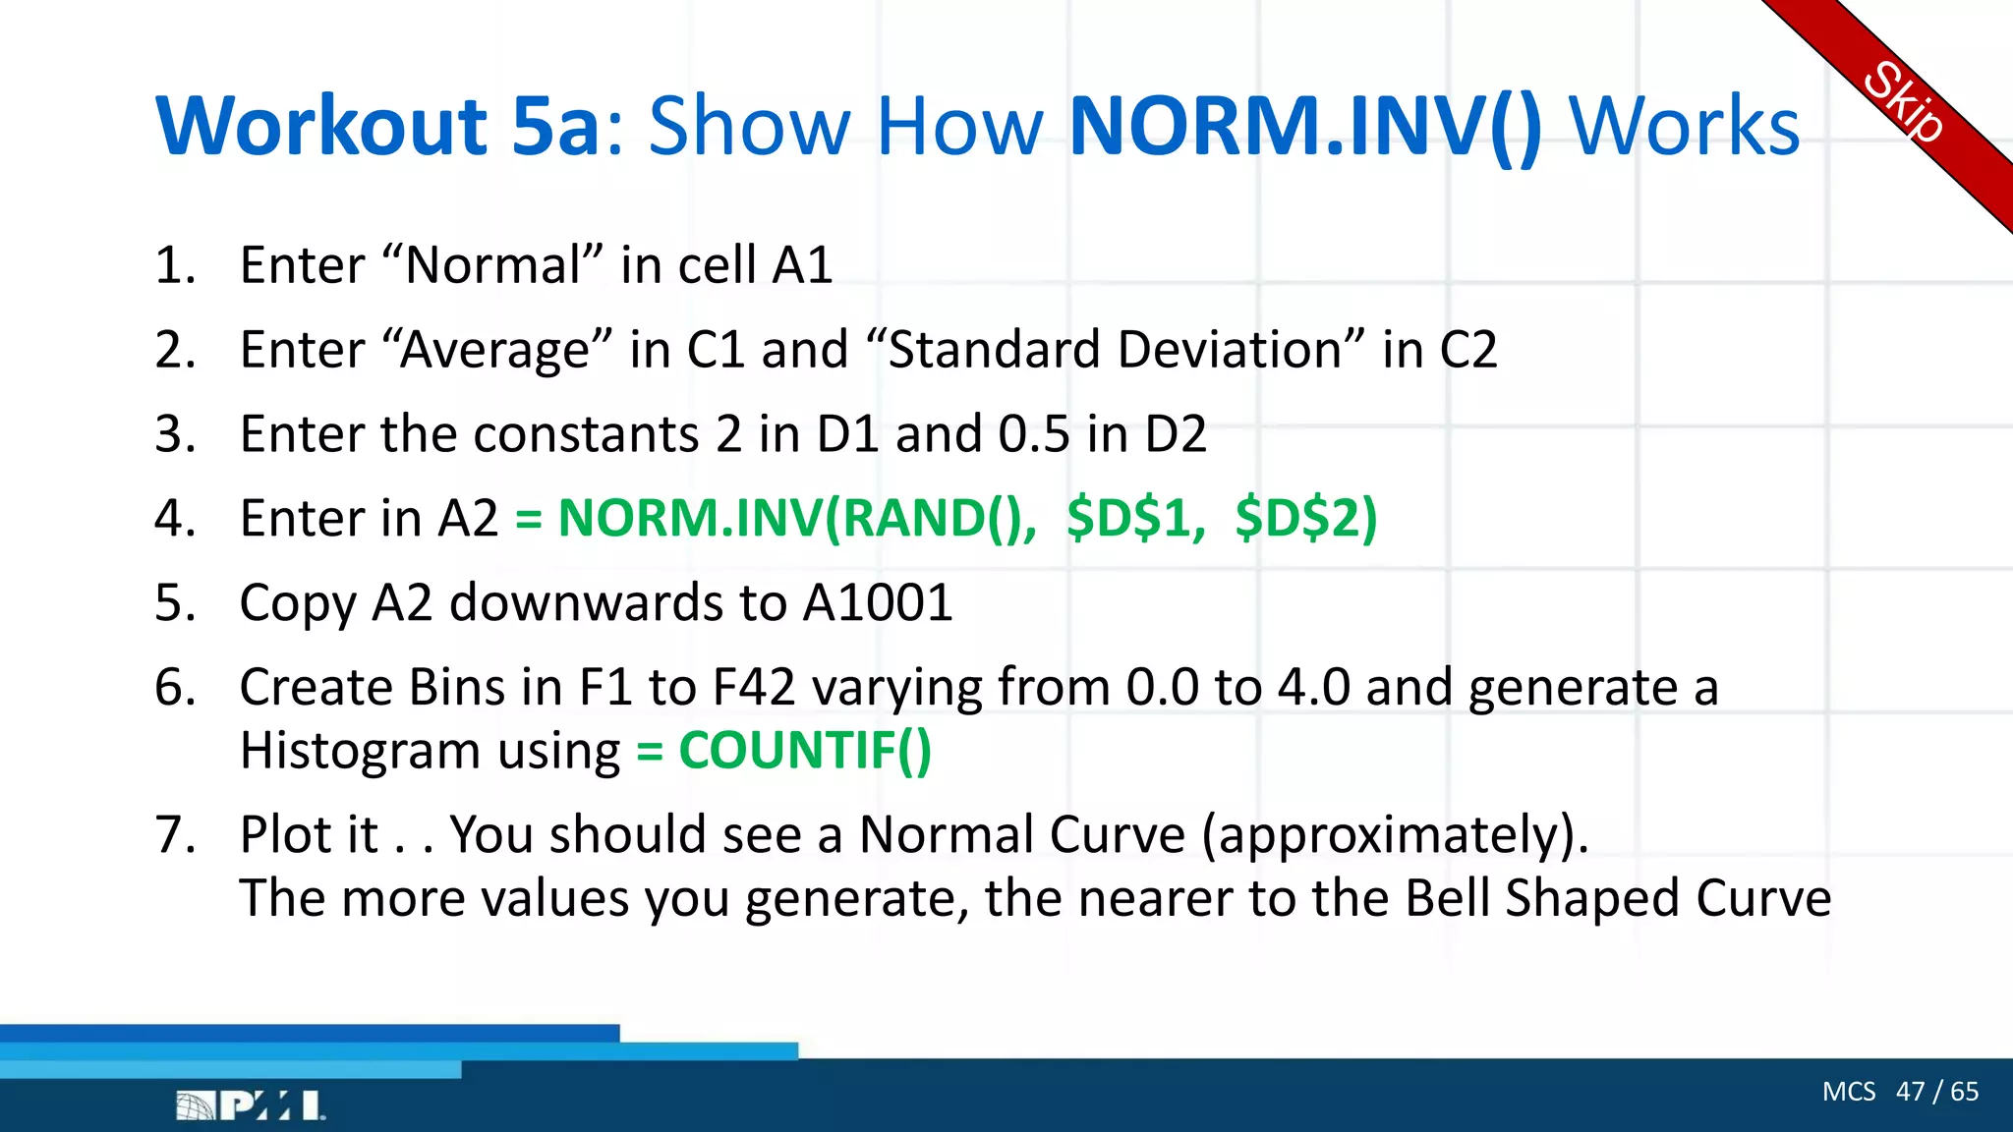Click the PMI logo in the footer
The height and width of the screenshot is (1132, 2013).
coord(251,1105)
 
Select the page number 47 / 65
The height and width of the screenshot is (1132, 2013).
coord(1936,1092)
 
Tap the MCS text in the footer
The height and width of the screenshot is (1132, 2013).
coord(1848,1092)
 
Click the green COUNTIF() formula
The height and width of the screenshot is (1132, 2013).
coord(804,751)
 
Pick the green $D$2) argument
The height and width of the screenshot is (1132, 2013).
coord(1305,518)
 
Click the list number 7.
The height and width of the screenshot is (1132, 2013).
coord(175,835)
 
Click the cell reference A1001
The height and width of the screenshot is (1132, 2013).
coord(877,602)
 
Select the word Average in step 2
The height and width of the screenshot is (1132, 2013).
coord(494,351)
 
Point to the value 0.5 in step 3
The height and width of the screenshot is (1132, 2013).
coord(1033,434)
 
